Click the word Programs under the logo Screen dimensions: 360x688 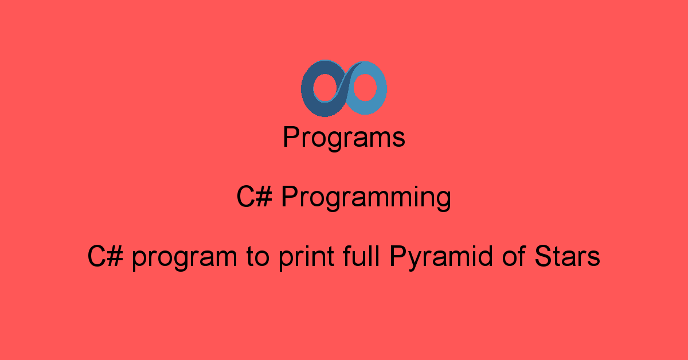pos(344,139)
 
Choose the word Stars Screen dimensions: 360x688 pos(567,256)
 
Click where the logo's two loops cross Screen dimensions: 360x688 pos(344,89)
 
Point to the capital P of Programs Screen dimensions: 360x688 pos(291,138)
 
